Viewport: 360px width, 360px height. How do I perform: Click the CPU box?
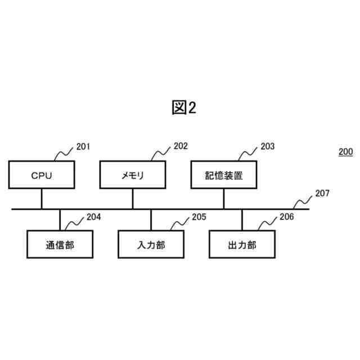[41, 175]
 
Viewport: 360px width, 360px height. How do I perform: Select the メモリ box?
[133, 175]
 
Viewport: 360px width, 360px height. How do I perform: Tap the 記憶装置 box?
[224, 175]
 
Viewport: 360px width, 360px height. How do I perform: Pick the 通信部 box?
[60, 245]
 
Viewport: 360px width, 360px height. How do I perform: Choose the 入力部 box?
[151, 245]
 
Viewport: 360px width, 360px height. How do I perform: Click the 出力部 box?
[242, 245]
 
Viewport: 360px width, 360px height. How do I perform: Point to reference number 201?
[83, 147]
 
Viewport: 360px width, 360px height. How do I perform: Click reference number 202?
[181, 146]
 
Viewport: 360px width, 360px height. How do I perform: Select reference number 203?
[267, 146]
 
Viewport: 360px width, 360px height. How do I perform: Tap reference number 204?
[93, 217]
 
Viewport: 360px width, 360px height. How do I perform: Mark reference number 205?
[199, 217]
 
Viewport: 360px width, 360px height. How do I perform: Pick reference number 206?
[286, 217]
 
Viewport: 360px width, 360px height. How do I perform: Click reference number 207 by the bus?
[322, 193]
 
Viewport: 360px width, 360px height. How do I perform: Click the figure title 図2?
[184, 108]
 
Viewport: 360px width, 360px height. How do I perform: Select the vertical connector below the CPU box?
[41, 199]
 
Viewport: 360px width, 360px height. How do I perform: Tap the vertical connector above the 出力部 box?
[242, 220]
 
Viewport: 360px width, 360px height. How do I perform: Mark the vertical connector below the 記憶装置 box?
[224, 199]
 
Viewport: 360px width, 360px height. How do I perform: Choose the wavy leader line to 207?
[304, 200]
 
